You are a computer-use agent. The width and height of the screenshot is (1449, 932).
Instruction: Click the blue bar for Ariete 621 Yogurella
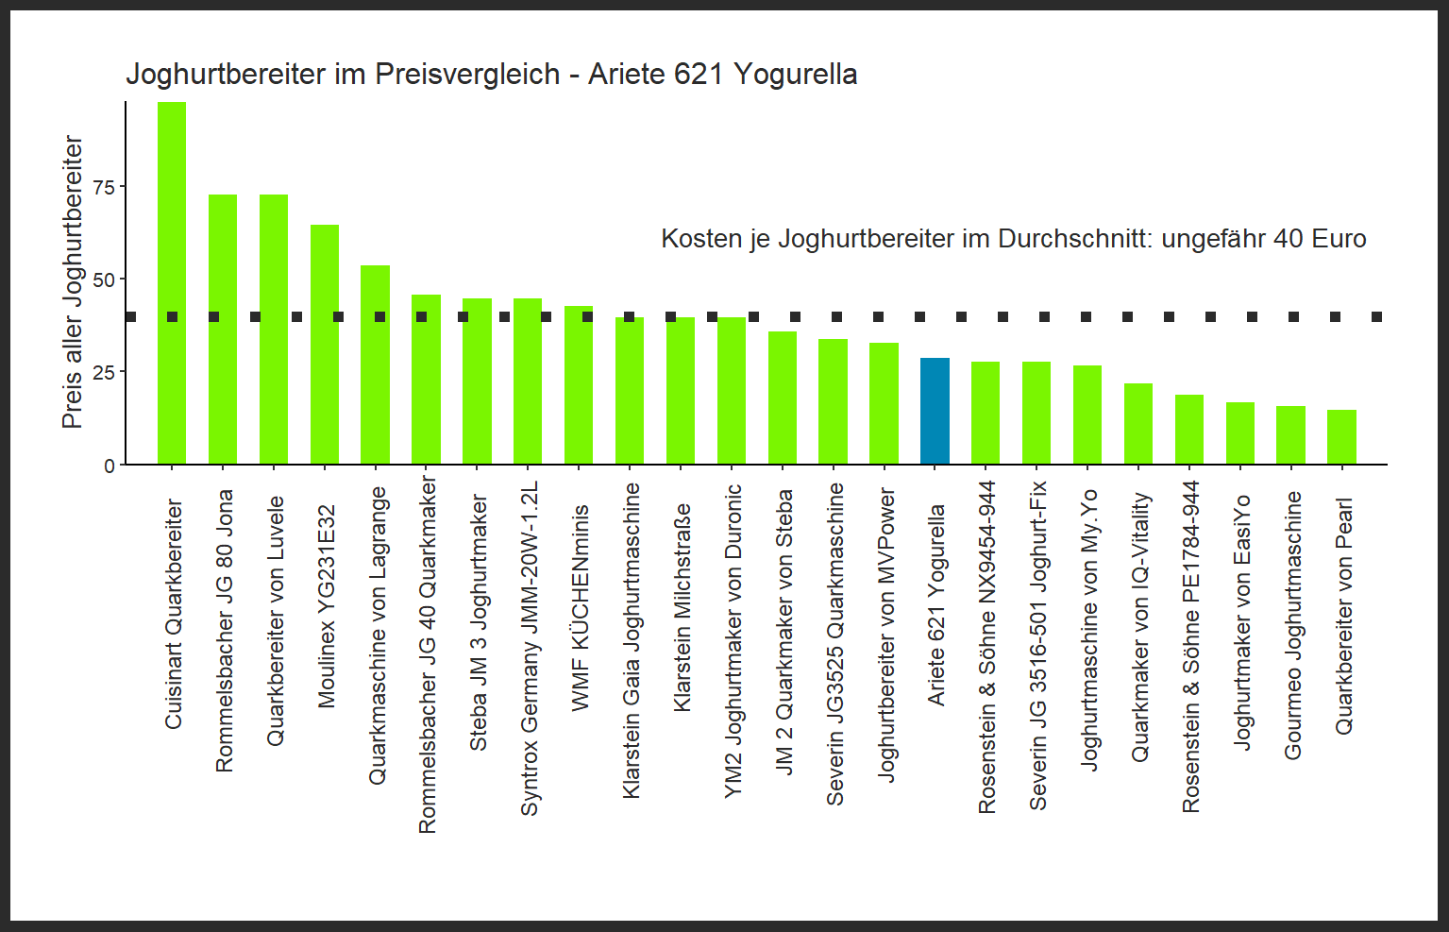[935, 412]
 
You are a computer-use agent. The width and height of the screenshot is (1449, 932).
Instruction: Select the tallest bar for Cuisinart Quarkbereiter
[172, 283]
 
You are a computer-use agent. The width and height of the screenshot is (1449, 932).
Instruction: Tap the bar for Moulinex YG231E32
[325, 345]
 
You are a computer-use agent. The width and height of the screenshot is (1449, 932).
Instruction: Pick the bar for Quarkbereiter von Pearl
[1341, 437]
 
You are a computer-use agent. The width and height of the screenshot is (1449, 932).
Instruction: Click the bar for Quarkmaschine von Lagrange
[376, 365]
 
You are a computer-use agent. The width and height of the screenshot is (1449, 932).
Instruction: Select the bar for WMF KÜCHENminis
[579, 385]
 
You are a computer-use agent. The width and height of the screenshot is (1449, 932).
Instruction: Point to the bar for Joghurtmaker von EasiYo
[1240, 433]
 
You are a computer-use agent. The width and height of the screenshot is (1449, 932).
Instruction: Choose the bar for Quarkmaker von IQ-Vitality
[1138, 424]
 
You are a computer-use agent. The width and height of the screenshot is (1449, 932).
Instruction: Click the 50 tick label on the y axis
[104, 280]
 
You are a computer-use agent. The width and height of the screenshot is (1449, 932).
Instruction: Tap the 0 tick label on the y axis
[110, 466]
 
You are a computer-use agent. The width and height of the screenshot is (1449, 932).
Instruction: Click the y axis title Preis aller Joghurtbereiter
[73, 281]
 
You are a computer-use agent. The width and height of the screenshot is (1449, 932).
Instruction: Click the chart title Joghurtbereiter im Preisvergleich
[491, 74]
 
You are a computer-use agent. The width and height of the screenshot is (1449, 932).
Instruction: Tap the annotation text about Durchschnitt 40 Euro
[1013, 239]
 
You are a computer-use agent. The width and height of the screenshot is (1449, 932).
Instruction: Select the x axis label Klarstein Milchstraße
[682, 607]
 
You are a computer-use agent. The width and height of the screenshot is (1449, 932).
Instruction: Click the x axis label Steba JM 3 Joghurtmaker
[479, 622]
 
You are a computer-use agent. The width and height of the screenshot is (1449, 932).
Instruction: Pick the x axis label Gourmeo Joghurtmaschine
[1292, 625]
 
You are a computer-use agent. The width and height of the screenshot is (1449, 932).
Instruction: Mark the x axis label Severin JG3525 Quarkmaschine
[834, 644]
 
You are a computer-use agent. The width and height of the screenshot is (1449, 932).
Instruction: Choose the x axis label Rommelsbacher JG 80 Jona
[224, 631]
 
